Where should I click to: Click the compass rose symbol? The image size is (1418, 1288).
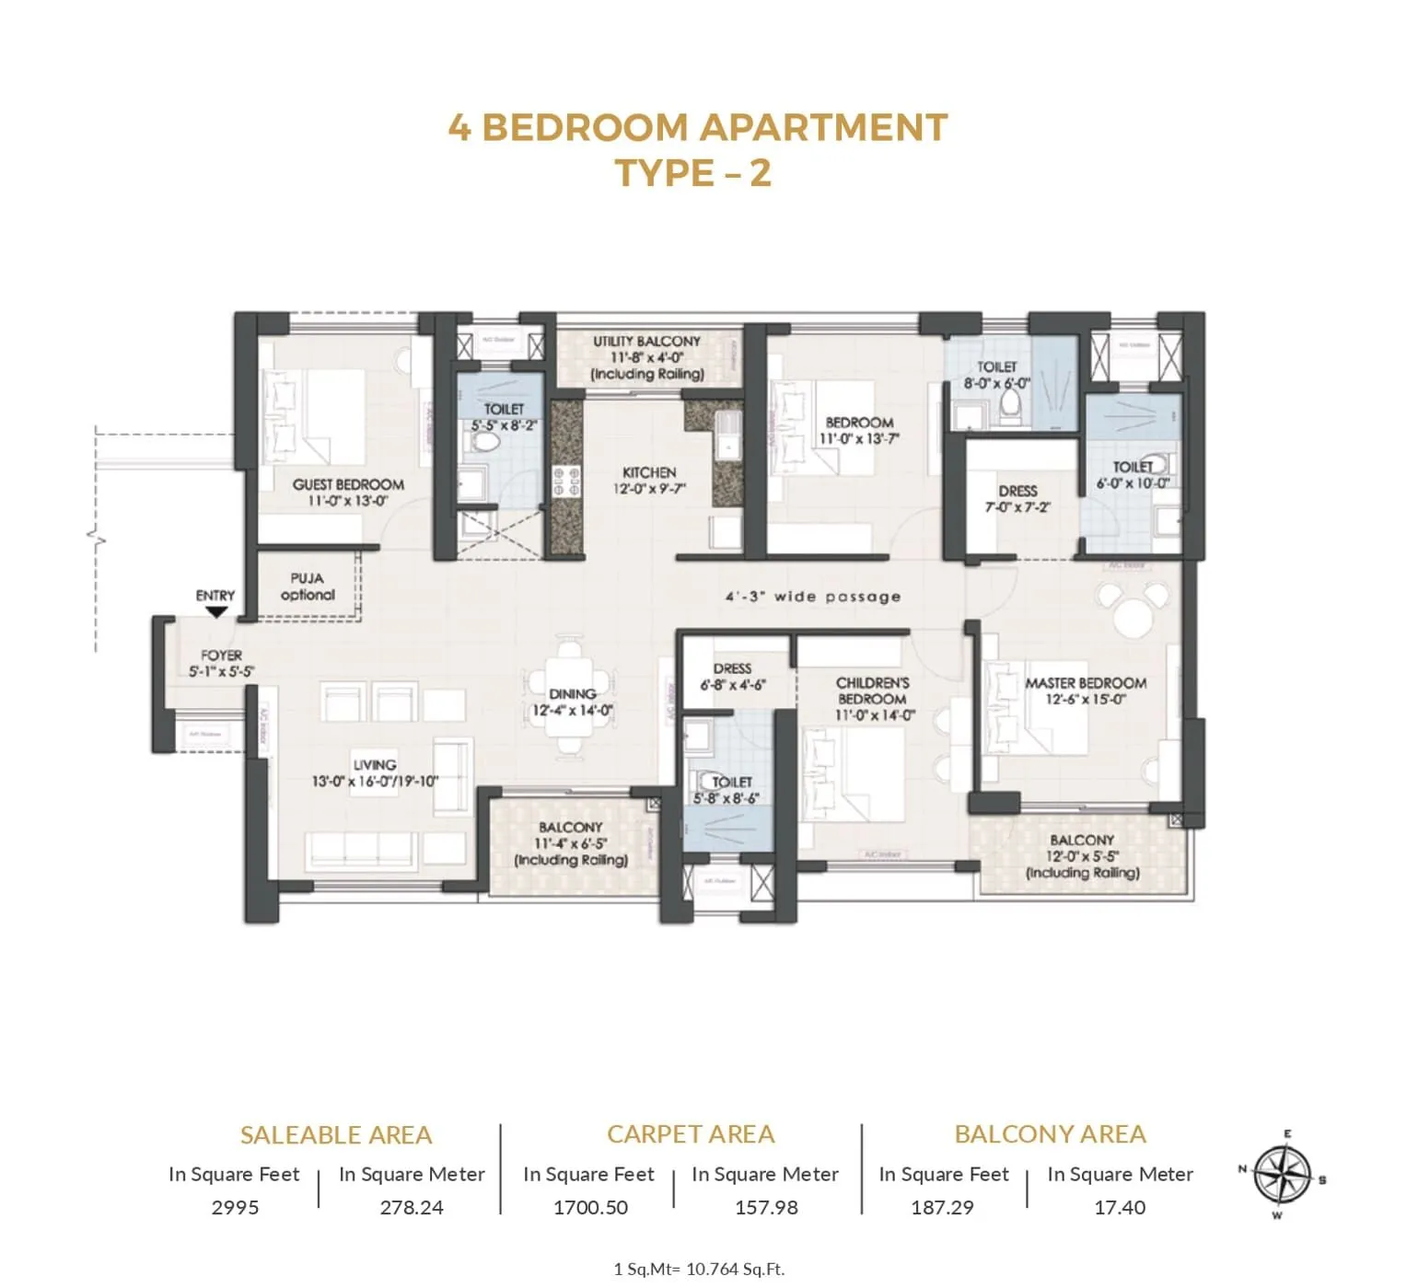[x=1283, y=1177]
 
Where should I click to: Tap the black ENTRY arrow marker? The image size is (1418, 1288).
[x=217, y=611]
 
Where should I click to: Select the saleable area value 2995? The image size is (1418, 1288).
[x=235, y=1207]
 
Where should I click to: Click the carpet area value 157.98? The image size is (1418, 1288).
[x=766, y=1207]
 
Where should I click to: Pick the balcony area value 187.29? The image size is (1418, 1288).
[x=942, y=1207]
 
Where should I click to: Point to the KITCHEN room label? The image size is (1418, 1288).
[x=649, y=472]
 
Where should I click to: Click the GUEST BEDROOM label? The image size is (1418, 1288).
[x=348, y=484]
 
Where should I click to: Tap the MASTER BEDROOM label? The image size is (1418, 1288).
[x=1086, y=683]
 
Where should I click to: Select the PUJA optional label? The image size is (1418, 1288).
[x=308, y=586]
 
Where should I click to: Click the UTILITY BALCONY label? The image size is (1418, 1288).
[x=646, y=342]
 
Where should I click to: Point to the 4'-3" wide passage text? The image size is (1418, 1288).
[x=813, y=597]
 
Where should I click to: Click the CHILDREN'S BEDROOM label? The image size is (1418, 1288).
[x=872, y=690]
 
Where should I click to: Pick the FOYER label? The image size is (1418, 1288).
[x=221, y=656]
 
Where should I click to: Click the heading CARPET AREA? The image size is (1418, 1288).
[x=691, y=1134]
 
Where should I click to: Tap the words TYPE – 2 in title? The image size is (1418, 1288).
[x=692, y=173]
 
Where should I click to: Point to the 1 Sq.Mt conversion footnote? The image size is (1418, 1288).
[x=699, y=1269]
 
